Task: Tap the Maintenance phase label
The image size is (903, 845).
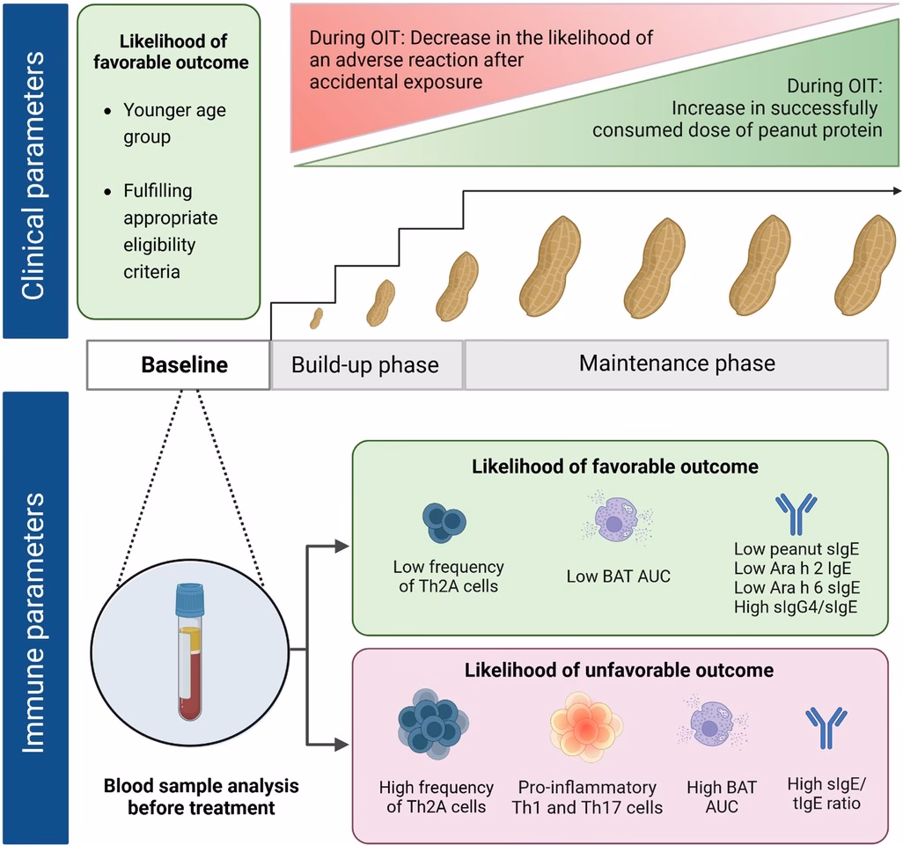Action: point(677,363)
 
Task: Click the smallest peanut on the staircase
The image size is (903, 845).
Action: point(316,318)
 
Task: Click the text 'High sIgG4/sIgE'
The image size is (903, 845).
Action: point(795,606)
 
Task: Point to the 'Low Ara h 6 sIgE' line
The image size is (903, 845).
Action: point(796,587)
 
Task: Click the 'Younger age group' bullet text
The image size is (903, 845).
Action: point(173,123)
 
